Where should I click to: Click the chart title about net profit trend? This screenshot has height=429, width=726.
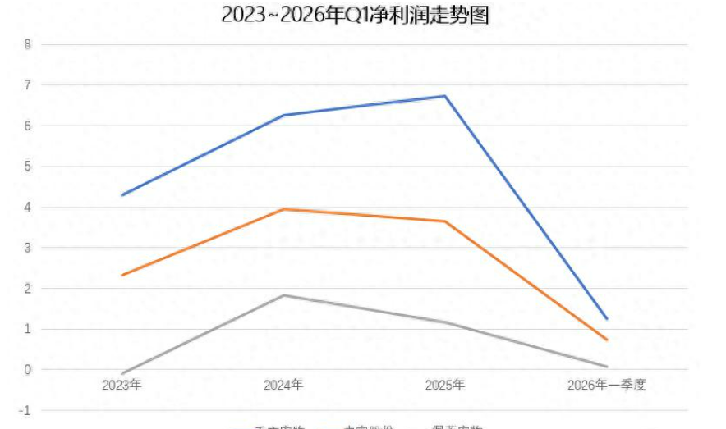(355, 15)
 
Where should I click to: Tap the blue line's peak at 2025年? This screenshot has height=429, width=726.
(445, 96)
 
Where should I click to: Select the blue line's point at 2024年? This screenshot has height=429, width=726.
(283, 115)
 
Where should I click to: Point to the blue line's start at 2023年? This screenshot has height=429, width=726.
(122, 195)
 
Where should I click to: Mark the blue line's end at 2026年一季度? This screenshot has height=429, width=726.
(607, 318)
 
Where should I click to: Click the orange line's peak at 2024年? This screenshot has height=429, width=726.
(283, 209)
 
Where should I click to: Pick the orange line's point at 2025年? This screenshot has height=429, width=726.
(445, 221)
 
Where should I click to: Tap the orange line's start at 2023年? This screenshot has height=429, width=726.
(122, 275)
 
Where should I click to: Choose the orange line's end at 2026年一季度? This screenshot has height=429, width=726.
(607, 340)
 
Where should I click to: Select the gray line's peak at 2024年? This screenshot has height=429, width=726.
(283, 295)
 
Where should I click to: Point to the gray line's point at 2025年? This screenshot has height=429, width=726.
(445, 322)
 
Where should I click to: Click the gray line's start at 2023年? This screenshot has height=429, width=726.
(122, 374)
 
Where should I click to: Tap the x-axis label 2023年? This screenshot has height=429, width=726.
(122, 385)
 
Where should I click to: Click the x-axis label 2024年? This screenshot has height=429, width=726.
(283, 385)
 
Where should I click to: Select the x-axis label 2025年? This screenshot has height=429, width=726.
(445, 385)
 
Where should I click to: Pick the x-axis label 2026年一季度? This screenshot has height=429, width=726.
(607, 385)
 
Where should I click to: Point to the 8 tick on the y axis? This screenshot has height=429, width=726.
(27, 44)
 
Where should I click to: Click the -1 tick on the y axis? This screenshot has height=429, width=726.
(25, 411)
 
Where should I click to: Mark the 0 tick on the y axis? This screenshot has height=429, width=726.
(27, 370)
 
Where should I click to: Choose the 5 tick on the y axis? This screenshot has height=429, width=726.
(27, 167)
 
